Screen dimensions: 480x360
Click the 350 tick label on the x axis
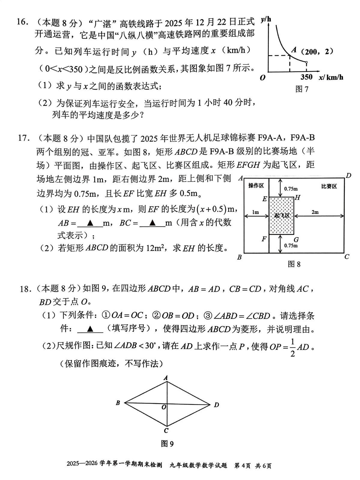point(306,77)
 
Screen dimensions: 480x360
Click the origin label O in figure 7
point(263,78)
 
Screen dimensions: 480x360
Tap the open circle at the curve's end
point(306,63)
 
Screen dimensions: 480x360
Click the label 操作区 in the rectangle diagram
point(256,186)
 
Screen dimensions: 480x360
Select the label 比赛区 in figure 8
point(329,186)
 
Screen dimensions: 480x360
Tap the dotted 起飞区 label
point(282,216)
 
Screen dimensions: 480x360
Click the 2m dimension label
point(315,212)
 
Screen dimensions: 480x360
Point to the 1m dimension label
point(256,212)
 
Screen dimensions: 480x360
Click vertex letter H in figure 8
point(298,197)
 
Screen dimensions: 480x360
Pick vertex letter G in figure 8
point(296,240)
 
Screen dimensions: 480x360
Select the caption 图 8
point(294,264)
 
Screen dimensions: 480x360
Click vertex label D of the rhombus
point(216,405)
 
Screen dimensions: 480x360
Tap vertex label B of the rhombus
point(118,403)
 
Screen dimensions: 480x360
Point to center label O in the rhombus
point(164,407)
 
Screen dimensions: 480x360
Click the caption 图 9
point(167,444)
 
